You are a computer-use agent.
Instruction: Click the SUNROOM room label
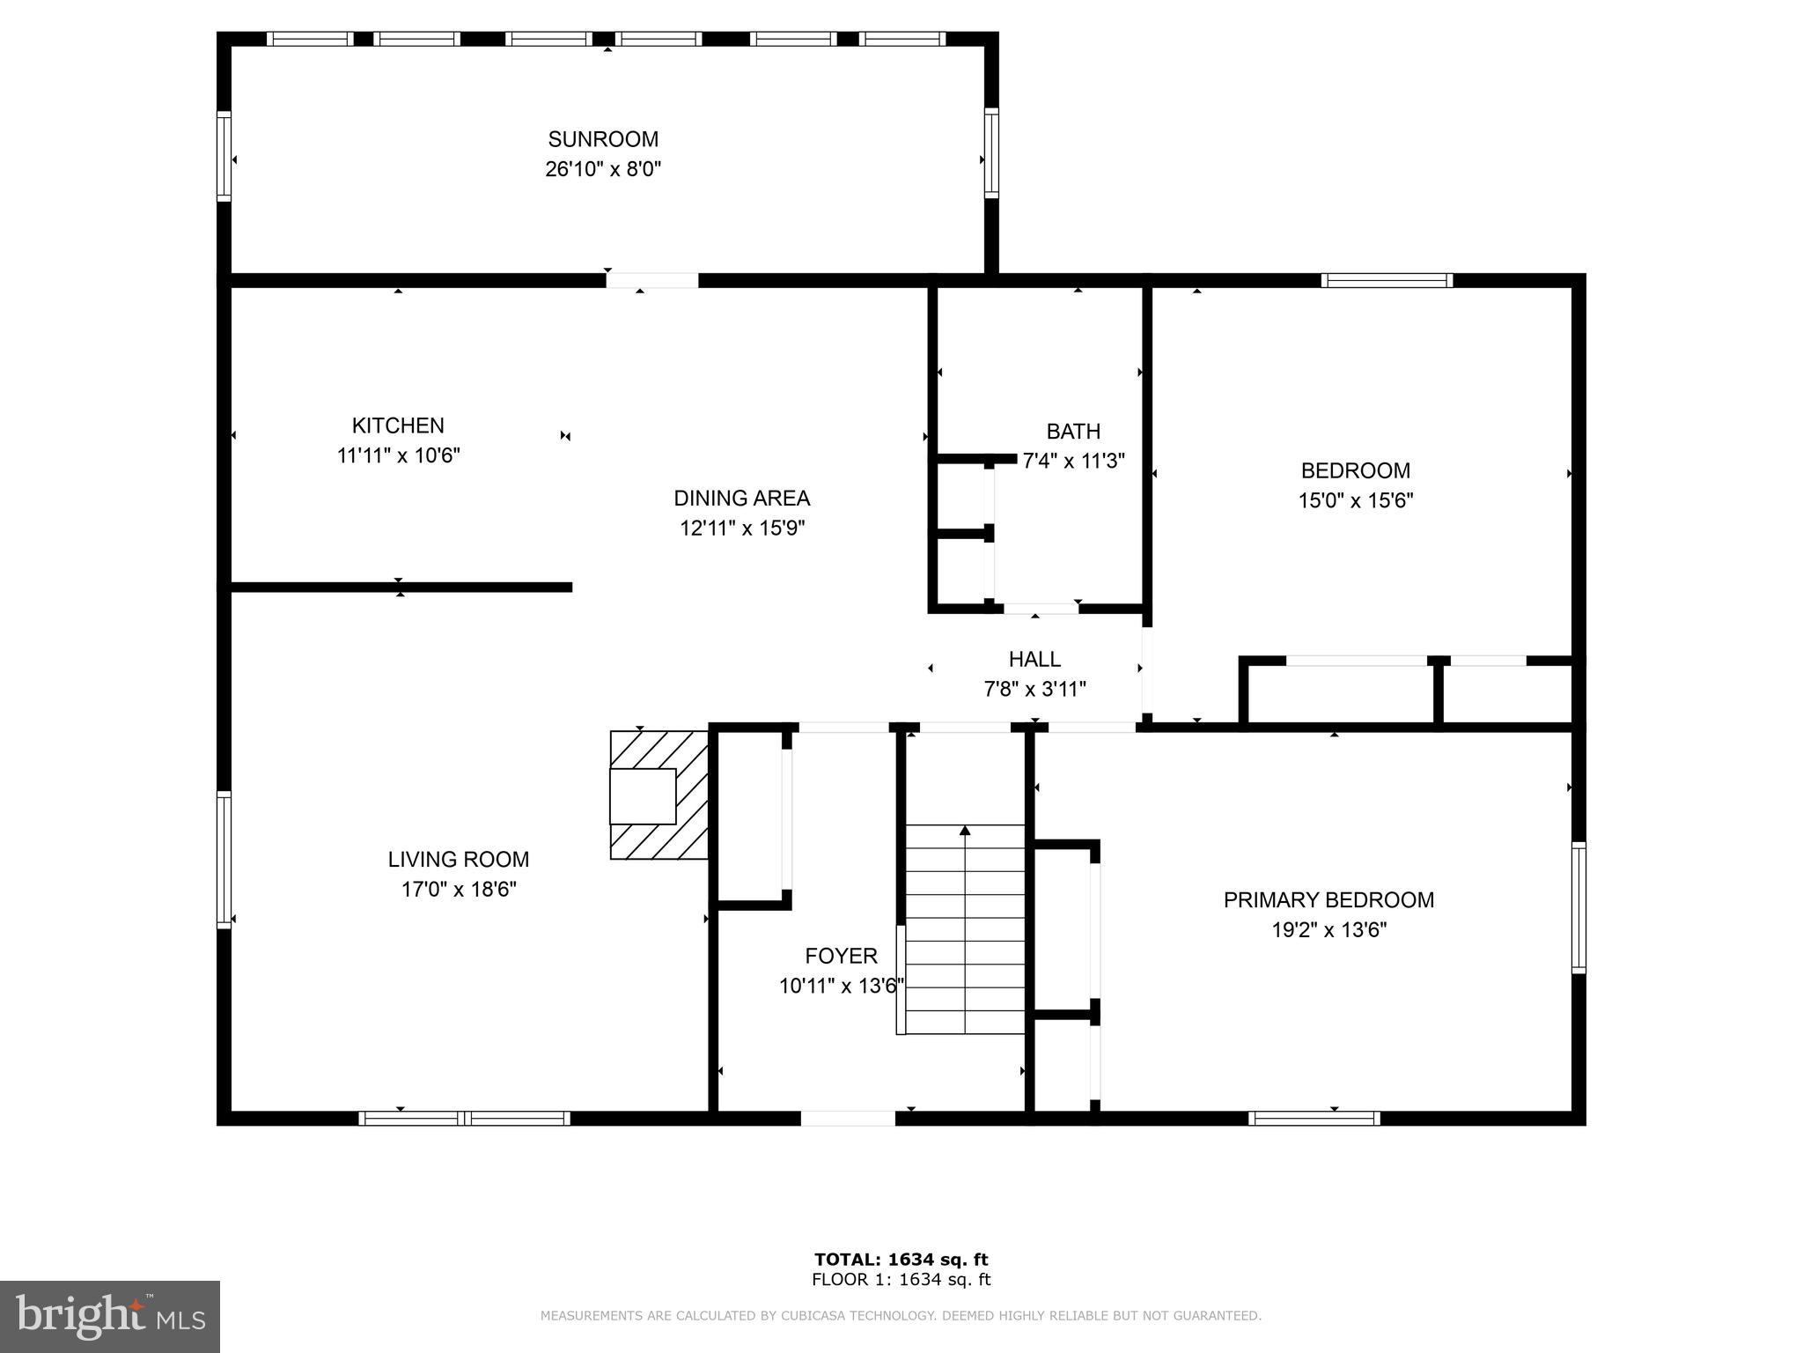pyautogui.click(x=603, y=139)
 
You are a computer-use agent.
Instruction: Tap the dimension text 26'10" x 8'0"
pyautogui.click(x=603, y=169)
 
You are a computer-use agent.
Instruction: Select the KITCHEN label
pyautogui.click(x=398, y=425)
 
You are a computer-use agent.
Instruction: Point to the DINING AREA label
pyautogui.click(x=741, y=499)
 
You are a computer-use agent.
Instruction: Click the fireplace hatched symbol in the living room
pyautogui.click(x=660, y=795)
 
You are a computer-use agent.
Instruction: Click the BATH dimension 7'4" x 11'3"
pyautogui.click(x=1073, y=461)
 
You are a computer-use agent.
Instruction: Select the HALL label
pyautogui.click(x=1034, y=659)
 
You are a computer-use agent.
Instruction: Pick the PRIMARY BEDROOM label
pyautogui.click(x=1328, y=900)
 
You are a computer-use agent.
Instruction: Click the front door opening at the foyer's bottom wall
pyautogui.click(x=848, y=1119)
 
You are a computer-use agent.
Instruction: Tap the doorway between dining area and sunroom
pyautogui.click(x=652, y=280)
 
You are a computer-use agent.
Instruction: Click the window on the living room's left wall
pyautogui.click(x=224, y=860)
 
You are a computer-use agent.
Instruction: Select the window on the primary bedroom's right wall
pyautogui.click(x=1579, y=907)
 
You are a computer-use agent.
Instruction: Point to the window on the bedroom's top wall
pyautogui.click(x=1387, y=281)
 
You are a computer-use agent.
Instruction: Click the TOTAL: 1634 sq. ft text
pyautogui.click(x=901, y=1260)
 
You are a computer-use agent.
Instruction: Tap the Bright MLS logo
pyautogui.click(x=110, y=1316)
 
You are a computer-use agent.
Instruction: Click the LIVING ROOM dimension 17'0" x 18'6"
pyautogui.click(x=459, y=890)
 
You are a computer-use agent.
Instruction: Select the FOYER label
pyautogui.click(x=841, y=956)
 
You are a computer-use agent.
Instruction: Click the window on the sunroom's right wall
pyautogui.click(x=991, y=153)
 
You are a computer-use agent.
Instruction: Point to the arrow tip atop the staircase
pyautogui.click(x=965, y=830)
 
